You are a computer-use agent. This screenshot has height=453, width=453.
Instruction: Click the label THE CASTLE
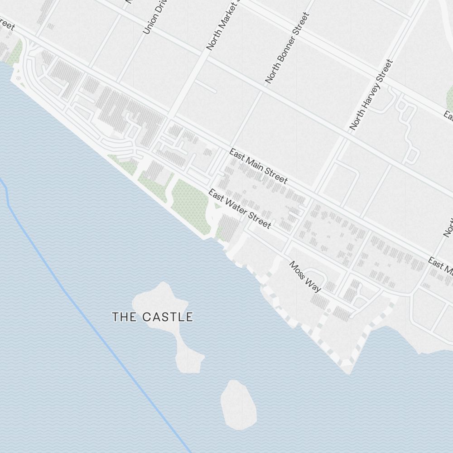point(153,317)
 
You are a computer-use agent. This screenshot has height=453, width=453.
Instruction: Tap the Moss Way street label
point(305,276)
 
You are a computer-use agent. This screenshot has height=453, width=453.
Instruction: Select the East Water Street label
point(240,209)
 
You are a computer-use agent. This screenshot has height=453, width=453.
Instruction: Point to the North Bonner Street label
point(287,48)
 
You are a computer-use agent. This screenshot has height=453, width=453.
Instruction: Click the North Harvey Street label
point(371,95)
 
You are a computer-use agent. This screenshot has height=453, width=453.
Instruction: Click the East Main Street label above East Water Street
point(258,166)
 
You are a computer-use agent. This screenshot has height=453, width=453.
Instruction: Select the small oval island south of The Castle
point(237,405)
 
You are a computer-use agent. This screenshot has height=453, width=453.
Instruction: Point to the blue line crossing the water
point(91,317)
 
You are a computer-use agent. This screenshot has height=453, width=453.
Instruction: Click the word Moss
point(297,269)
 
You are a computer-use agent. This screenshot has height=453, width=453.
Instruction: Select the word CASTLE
point(168,317)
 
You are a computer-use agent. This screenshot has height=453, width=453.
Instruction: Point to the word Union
point(147,27)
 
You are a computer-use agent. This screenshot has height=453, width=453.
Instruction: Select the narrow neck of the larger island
point(181,337)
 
